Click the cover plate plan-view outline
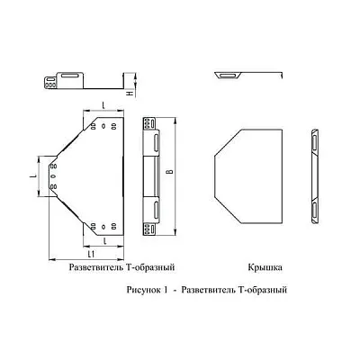pyautogui.click(x=250, y=175)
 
